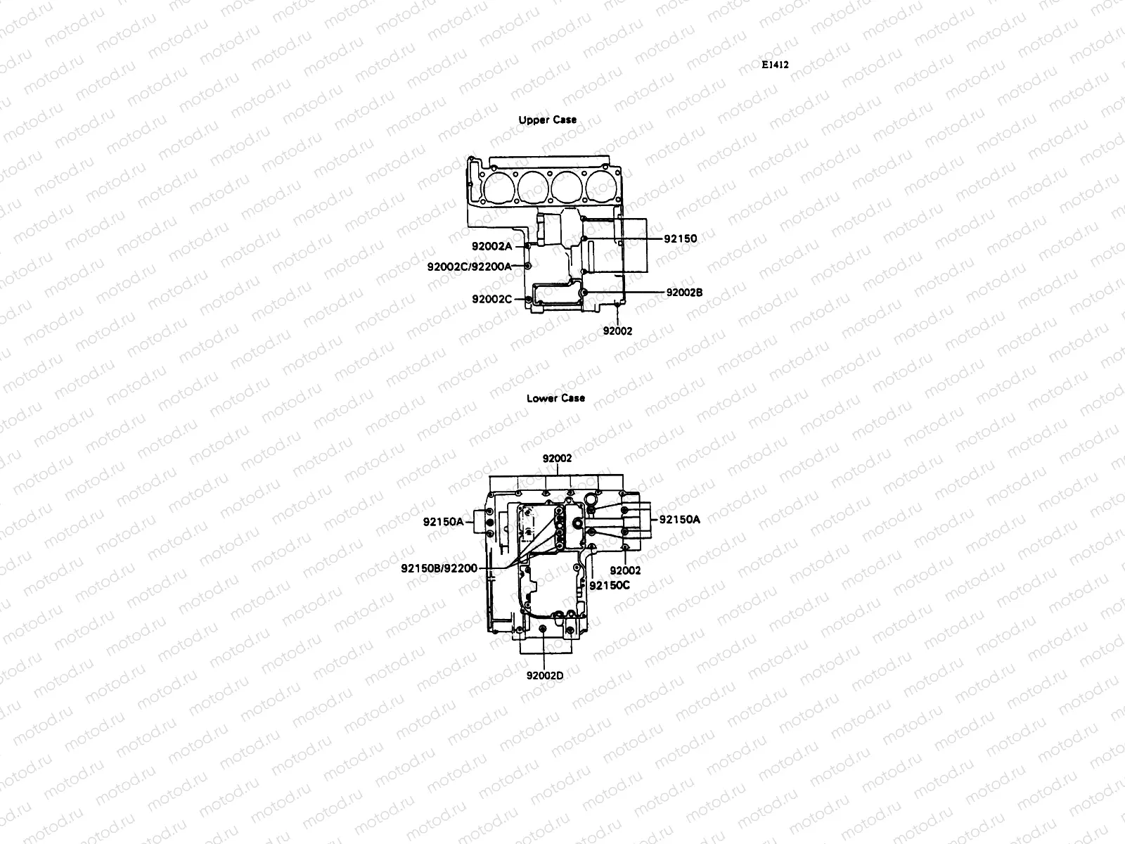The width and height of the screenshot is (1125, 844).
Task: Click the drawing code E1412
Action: (775, 64)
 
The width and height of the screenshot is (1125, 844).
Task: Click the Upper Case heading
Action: (547, 120)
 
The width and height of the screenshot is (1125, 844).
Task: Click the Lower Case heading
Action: (555, 398)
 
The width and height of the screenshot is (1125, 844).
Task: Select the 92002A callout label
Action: (491, 246)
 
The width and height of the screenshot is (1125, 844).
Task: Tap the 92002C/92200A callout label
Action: (469, 266)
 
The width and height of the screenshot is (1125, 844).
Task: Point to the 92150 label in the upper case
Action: (680, 238)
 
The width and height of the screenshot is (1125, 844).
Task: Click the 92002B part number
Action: (684, 292)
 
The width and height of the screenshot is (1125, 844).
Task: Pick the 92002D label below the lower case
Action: (545, 675)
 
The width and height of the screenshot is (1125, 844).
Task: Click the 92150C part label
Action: (609, 584)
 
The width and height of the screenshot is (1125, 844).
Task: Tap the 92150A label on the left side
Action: (443, 522)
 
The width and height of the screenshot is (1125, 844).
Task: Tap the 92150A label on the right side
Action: (679, 520)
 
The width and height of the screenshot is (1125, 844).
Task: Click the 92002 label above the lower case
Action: (557, 458)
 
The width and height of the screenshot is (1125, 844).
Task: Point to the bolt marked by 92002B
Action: (584, 292)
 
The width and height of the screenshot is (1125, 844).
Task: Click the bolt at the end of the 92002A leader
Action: (529, 246)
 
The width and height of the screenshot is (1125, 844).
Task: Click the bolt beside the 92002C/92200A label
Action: (529, 266)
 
